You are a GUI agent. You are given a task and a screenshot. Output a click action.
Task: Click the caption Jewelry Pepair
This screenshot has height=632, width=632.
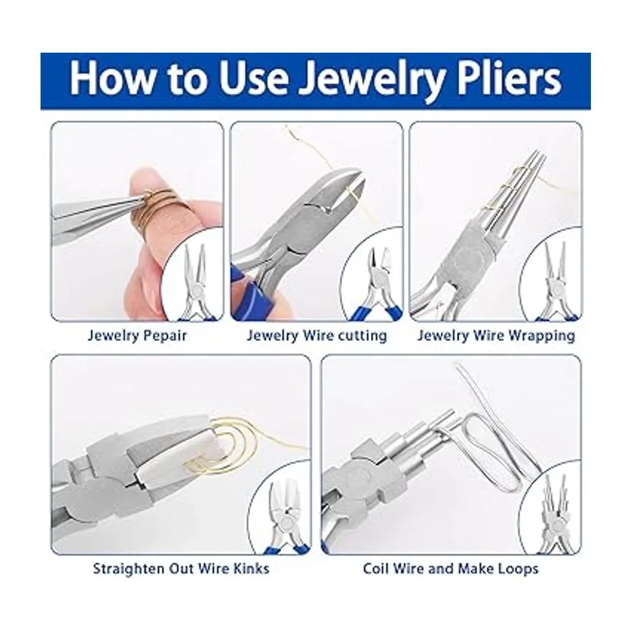137,336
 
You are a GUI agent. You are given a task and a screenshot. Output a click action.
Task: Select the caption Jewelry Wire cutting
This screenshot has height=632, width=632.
317,336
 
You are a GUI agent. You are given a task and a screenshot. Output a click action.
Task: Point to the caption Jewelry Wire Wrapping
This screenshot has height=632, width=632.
496,336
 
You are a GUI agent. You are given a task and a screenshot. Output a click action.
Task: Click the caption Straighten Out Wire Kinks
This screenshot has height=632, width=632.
181,569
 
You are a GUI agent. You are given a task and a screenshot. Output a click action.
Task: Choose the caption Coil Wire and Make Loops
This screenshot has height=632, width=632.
451,569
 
